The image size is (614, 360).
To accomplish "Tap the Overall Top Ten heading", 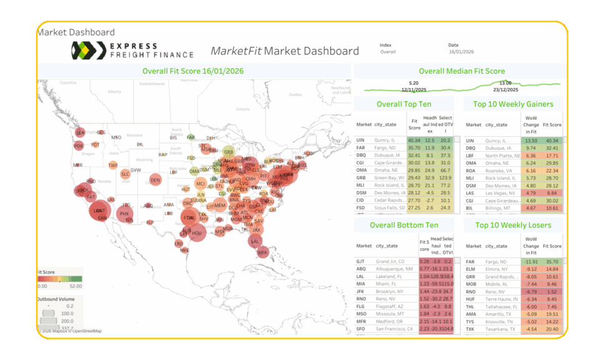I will coord(404,104).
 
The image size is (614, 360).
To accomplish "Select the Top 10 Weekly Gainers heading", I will coord(513,104).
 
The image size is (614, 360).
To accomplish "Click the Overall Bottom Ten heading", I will coord(404,225).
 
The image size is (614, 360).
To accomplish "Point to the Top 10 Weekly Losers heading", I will coord(513,225).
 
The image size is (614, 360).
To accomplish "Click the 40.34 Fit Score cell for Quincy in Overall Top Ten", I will coord(413,141).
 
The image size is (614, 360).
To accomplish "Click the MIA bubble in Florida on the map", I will coord(262,252).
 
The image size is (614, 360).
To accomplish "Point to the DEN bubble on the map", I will coord(155,180).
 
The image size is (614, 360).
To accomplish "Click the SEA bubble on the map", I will coord(80,132).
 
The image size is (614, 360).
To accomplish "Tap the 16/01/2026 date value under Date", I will coord(462,52).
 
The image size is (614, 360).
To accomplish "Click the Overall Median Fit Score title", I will coord(462,71).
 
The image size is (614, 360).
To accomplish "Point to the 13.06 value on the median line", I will coord(505,82).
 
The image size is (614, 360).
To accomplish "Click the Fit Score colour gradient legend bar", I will coord(59,279).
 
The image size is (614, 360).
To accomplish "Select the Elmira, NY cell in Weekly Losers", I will coord(498,269).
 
